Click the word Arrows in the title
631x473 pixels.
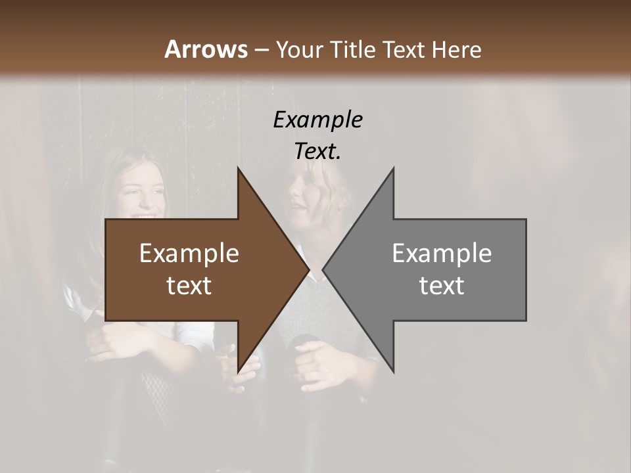(x=206, y=49)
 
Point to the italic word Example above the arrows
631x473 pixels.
(x=317, y=120)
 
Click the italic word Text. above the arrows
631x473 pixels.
(x=317, y=151)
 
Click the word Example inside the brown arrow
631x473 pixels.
(x=189, y=254)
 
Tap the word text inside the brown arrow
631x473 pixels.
(x=189, y=286)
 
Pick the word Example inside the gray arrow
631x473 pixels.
(x=442, y=254)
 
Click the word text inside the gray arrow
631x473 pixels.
(x=442, y=286)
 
